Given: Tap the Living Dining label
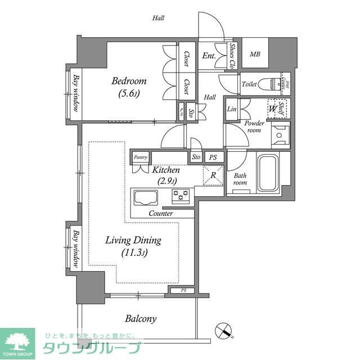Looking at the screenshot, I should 133,241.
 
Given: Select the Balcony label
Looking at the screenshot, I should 140,318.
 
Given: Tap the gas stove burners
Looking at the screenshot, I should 182,195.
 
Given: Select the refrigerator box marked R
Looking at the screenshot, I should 213,175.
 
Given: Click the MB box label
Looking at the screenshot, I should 255,55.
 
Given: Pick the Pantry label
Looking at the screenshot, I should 141,157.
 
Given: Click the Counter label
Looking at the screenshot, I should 161,213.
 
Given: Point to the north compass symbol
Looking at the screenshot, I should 224,330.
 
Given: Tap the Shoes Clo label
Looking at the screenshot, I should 232,56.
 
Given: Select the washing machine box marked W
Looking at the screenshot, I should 273,108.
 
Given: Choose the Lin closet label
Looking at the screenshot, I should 231,109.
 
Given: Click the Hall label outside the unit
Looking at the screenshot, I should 158,18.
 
